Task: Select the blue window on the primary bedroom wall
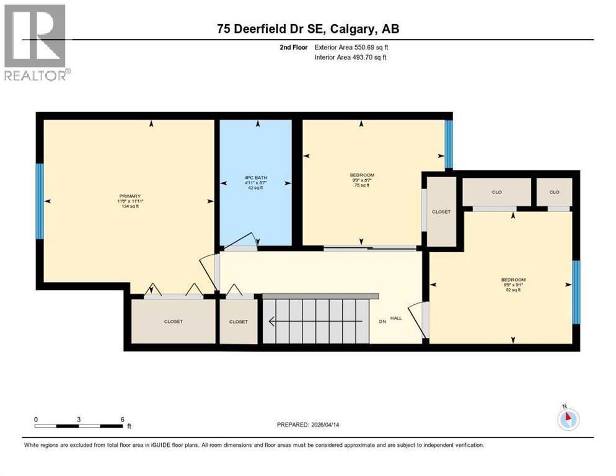(40, 201)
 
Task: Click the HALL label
(395, 318)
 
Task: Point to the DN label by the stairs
(382, 321)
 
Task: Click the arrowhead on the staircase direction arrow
(271, 321)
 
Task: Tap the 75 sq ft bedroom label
(362, 180)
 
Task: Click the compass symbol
(568, 420)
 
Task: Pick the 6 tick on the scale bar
(122, 420)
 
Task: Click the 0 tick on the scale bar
(36, 420)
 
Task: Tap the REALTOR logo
(35, 42)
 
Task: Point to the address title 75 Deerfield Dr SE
(307, 29)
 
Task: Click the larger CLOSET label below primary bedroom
(174, 322)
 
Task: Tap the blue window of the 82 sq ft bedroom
(576, 292)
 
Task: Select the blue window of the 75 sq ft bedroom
(449, 144)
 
